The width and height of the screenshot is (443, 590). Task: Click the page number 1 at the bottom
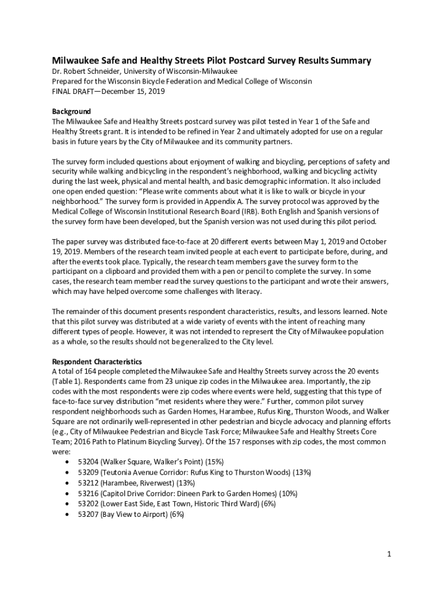pyautogui.click(x=389, y=554)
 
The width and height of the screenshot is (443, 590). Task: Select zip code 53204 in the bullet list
pyautogui.click(x=89, y=462)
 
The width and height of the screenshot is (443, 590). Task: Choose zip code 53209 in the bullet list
pyautogui.click(x=89, y=472)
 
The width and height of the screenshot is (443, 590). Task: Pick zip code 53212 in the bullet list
pyautogui.click(x=89, y=483)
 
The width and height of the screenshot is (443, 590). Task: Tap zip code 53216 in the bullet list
pyautogui.click(x=89, y=493)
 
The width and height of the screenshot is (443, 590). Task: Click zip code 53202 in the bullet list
pyautogui.click(x=89, y=504)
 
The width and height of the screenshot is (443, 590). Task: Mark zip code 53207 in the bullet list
pyautogui.click(x=89, y=514)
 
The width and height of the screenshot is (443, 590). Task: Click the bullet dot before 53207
pyautogui.click(x=70, y=515)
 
